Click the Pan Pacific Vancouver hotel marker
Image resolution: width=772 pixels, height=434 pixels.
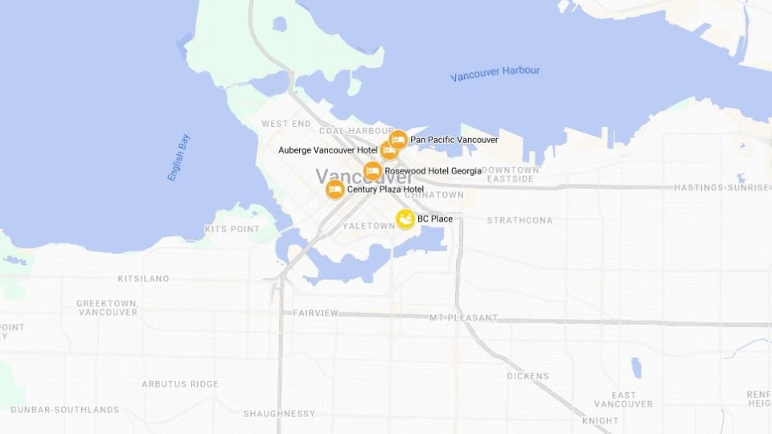tap(398, 139)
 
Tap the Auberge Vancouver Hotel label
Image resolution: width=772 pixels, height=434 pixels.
tap(327, 150)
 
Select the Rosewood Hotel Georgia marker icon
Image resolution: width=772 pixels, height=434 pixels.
tap(372, 170)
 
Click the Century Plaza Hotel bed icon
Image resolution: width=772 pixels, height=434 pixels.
tap(335, 190)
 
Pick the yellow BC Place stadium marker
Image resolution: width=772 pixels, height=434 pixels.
tap(406, 219)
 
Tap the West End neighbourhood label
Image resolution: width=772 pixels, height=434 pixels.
tap(285, 124)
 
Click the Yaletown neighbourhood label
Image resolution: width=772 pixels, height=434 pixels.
tap(368, 226)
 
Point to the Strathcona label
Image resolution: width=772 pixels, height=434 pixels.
tap(519, 220)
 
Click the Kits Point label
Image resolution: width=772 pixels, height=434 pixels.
tap(232, 229)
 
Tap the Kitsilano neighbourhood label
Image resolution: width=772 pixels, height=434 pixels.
tap(143, 279)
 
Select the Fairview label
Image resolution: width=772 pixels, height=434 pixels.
tap(316, 313)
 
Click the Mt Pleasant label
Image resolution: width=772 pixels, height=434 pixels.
tap(463, 317)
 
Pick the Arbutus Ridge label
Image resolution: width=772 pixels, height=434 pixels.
tap(179, 384)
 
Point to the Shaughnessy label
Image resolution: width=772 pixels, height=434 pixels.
tap(279, 414)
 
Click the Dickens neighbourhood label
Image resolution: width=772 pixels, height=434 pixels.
tap(528, 376)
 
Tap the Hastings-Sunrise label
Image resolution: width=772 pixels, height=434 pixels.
tap(721, 187)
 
